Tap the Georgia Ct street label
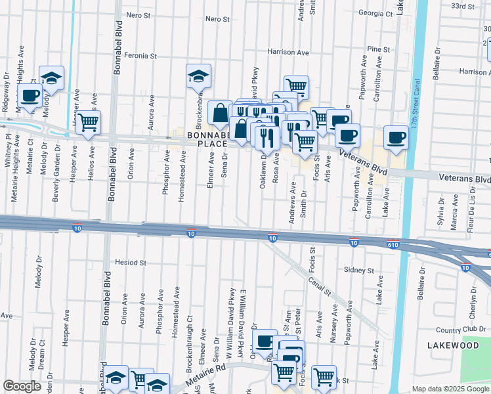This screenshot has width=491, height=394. pyautogui.click(x=375, y=12)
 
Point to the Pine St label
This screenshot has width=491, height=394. pyautogui.click(x=378, y=49)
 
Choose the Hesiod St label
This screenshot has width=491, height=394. pyautogui.click(x=130, y=262)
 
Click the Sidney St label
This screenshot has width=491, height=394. pyautogui.click(x=358, y=270)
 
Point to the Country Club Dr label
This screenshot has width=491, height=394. pyautogui.click(x=458, y=330)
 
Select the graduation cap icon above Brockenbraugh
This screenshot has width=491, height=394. pyautogui.click(x=198, y=76)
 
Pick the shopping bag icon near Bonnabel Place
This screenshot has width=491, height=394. pyautogui.click(x=219, y=113)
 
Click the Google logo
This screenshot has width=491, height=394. pyautogui.click(x=22, y=386)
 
